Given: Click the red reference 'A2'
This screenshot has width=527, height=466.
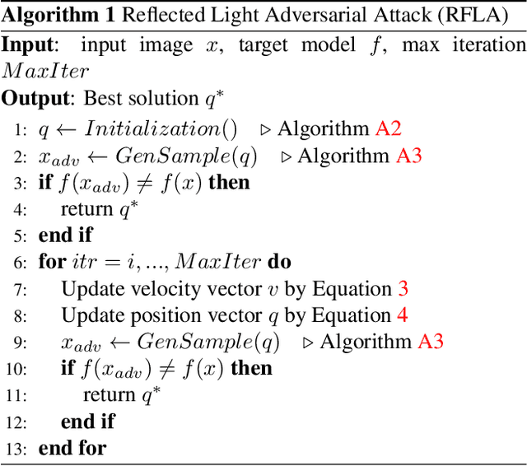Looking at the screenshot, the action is (388, 128).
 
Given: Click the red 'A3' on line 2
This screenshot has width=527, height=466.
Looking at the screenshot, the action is (409, 155).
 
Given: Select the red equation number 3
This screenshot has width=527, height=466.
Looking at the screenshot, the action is (403, 289).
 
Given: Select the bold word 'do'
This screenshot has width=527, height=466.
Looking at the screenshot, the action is (280, 263).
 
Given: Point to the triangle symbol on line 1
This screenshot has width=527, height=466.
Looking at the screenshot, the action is (265, 129).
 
